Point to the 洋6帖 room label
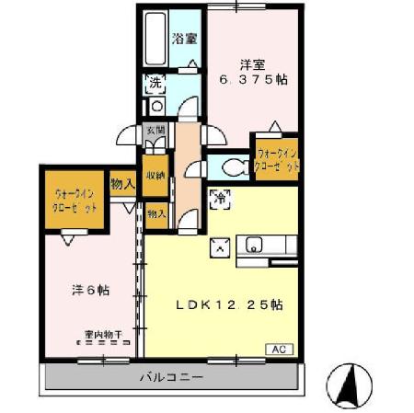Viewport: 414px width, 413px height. (x=91, y=290)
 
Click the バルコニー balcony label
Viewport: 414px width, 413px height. (x=172, y=377)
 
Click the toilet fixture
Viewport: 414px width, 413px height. (x=234, y=166)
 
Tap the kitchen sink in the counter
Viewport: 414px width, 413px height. (x=253, y=246)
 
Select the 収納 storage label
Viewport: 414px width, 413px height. (x=155, y=175)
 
